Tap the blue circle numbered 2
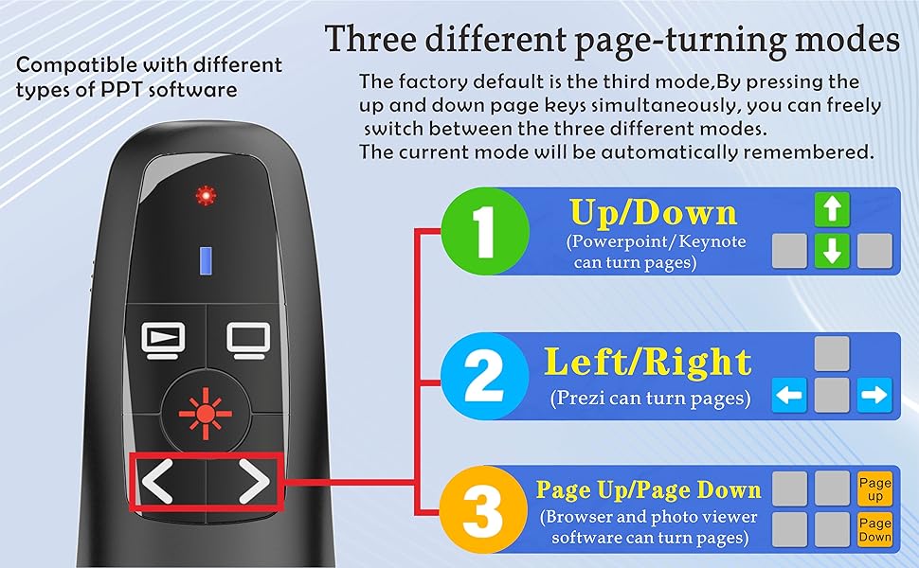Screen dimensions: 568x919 (x=485, y=376)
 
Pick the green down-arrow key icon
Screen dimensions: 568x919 (x=832, y=251)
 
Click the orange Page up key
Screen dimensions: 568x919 (x=874, y=488)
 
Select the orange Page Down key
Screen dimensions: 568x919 (x=874, y=529)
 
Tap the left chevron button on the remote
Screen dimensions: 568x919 (x=158, y=484)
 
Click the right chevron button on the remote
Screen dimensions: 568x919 (x=252, y=484)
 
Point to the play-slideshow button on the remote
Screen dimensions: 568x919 (x=158, y=338)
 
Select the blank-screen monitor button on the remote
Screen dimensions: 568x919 (x=249, y=338)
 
